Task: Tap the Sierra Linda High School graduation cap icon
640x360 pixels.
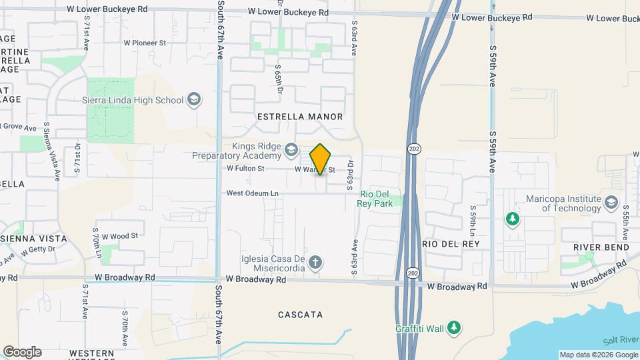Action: click(194, 100)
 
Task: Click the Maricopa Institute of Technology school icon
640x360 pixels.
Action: click(611, 201)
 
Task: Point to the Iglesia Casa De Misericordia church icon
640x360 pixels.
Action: click(316, 261)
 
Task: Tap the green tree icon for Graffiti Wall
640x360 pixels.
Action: click(454, 327)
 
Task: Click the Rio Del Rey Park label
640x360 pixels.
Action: click(376, 199)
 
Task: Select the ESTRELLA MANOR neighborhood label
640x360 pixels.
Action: click(300, 117)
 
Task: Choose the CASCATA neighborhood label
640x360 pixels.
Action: click(300, 315)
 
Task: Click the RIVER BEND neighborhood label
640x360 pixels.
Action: click(601, 247)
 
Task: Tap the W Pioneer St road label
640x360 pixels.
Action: click(145, 43)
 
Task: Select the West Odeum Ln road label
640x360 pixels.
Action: click(252, 193)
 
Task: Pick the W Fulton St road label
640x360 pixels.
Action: click(245, 169)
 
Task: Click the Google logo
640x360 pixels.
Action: click(22, 352)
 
